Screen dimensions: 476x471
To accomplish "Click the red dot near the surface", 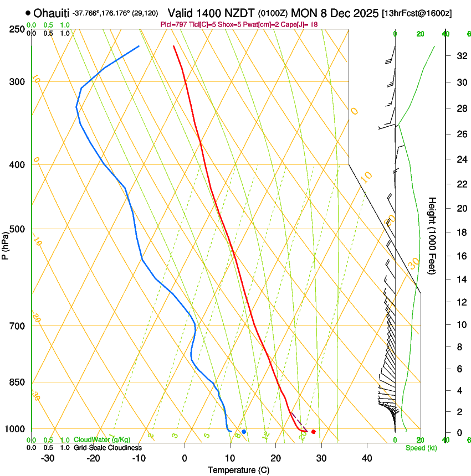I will (314, 431).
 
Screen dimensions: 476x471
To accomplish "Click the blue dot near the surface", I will (244, 431).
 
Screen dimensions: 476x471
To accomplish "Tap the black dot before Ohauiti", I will (28, 13).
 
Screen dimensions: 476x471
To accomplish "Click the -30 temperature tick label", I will (47, 458).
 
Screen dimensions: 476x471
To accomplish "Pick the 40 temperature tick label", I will (367, 458).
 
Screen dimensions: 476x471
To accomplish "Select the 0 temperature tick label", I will (185, 458).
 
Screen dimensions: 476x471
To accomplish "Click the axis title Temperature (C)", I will (238, 470).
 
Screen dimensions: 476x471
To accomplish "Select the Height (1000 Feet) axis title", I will (432, 235).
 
